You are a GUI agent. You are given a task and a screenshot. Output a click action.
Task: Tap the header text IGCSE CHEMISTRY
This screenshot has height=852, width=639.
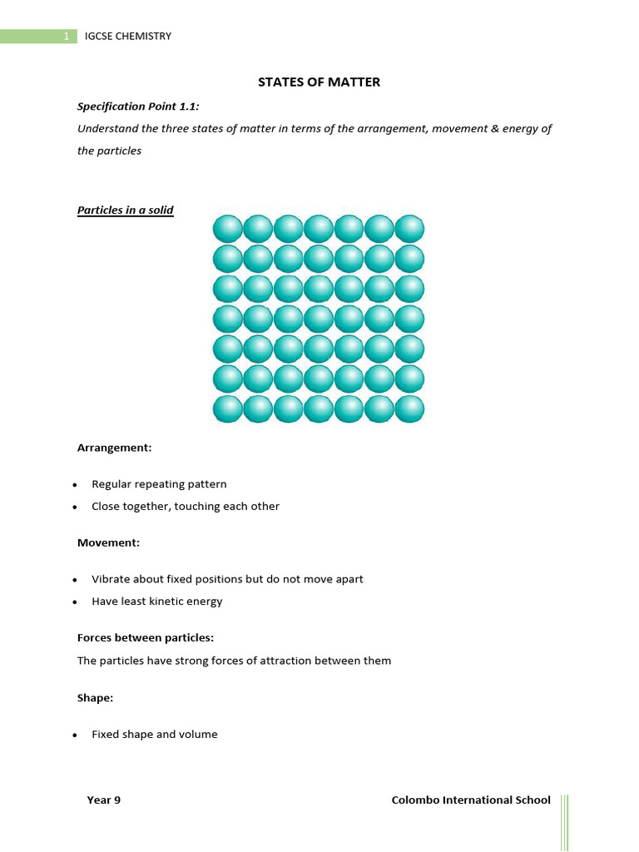point(128,37)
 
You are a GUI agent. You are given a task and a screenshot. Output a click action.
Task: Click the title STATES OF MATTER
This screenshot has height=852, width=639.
point(319,82)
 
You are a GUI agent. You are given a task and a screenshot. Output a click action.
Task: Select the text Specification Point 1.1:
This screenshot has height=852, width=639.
point(138,106)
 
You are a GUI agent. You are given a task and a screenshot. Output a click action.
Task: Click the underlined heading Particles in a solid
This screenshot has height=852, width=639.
point(126,211)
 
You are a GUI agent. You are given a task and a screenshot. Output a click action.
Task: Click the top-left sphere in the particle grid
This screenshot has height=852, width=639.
point(228,228)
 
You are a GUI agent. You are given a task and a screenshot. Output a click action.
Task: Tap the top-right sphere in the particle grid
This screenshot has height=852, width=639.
point(409,228)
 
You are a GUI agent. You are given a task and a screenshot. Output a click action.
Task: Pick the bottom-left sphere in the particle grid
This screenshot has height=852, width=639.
point(228,409)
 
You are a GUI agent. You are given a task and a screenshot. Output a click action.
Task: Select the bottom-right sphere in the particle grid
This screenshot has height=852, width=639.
point(409,409)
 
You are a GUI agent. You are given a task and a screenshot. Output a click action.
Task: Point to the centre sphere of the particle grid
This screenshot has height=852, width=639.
point(319,319)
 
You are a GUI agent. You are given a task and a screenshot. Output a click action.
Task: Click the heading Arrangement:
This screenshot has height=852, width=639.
point(115,448)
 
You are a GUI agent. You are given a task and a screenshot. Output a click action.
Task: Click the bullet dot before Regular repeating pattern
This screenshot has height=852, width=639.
point(75,485)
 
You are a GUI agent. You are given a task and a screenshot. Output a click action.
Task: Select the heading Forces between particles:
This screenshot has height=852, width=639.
point(146,638)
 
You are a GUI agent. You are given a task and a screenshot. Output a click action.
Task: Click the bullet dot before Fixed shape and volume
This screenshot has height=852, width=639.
point(75,736)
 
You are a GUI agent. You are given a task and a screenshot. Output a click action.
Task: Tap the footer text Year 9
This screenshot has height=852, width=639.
point(104,800)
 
